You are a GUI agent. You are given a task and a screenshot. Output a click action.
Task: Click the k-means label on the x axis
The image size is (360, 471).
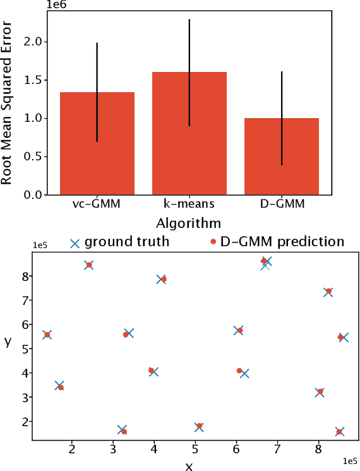(x=189, y=204)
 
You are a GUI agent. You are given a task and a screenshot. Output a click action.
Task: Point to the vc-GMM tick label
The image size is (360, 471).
(x=97, y=204)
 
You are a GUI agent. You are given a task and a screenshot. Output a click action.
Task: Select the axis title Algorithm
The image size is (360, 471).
(x=189, y=223)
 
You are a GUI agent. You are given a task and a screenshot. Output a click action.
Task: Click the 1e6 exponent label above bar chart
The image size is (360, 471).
(x=56, y=6)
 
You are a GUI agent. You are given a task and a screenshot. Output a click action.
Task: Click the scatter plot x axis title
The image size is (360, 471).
(x=188, y=467)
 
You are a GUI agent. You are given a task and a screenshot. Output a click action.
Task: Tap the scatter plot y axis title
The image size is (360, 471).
(x=8, y=342)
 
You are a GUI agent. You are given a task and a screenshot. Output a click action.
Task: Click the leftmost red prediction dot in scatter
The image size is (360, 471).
(x=47, y=335)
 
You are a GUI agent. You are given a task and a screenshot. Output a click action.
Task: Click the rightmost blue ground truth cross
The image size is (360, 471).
(x=344, y=337)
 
